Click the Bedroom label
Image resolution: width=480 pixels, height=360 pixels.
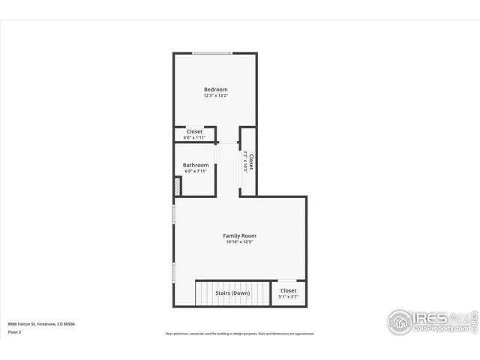[215, 89]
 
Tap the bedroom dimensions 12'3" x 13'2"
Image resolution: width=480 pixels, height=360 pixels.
[215, 96]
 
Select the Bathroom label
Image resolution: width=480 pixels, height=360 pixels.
[196, 165]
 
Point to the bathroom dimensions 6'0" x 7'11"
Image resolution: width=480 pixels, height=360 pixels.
[196, 172]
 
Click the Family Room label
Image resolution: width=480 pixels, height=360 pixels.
[239, 235]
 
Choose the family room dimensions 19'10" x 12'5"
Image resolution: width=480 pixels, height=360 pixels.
[239, 242]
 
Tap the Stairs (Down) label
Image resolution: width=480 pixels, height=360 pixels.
[232, 293]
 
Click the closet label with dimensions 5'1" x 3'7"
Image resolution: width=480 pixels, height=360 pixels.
[288, 290]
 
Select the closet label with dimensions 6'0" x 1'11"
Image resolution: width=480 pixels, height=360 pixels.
[194, 131]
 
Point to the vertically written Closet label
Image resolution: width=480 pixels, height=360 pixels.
[251, 162]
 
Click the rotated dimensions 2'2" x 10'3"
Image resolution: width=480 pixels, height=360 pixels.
[245, 162]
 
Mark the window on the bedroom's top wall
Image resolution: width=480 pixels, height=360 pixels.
[212, 53]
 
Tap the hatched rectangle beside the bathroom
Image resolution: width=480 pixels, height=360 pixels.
[178, 187]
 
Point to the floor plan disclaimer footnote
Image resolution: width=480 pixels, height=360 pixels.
[240, 334]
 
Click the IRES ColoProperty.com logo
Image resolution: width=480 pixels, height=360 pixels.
[431, 321]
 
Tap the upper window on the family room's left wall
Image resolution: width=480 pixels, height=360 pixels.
[174, 214]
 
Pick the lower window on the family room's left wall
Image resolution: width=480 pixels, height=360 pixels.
[174, 272]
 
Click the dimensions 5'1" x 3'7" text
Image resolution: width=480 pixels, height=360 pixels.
[288, 297]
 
